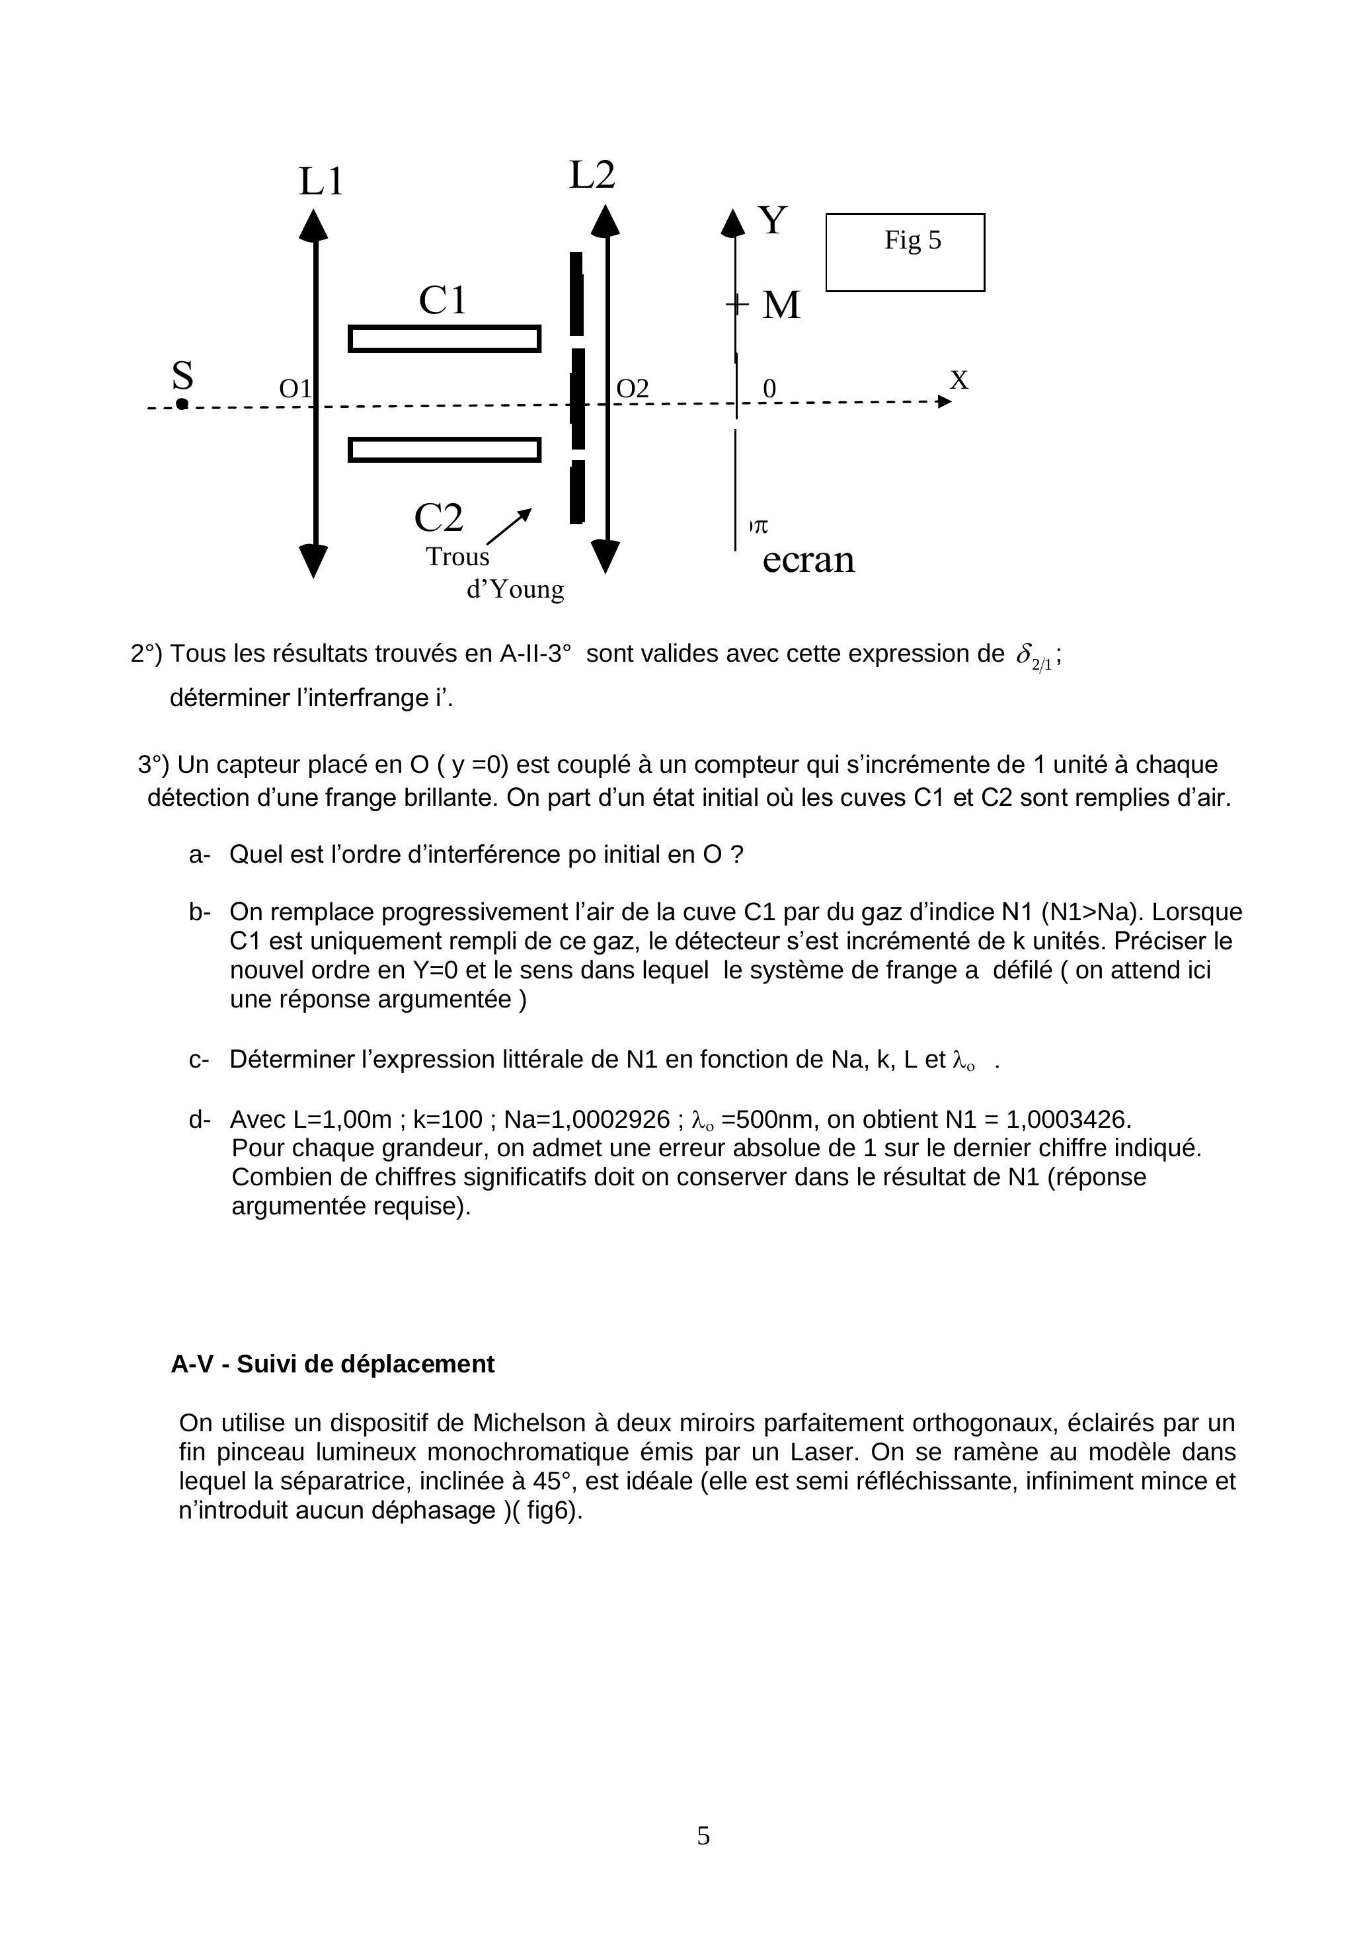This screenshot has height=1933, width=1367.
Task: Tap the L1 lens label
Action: coord(321,182)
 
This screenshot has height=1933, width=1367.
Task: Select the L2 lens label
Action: coord(592,175)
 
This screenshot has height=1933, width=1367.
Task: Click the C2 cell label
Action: coord(438,517)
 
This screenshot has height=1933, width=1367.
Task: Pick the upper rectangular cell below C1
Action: coord(444,338)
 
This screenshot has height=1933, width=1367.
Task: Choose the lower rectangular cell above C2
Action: coord(444,450)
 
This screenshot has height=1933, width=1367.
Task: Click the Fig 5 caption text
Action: coord(912,241)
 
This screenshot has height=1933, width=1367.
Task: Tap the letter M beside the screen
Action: coord(781,305)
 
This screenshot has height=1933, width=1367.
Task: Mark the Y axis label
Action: coord(773,221)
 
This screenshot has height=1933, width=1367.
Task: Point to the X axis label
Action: coord(958,381)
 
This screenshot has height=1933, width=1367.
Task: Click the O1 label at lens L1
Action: coord(295,389)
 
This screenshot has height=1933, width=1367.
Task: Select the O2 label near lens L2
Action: coord(633,389)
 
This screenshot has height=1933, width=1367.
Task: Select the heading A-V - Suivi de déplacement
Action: coord(332,1364)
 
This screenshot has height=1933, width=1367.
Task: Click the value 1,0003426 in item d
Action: coord(1069,1120)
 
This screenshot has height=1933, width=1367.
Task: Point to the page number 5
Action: coord(704,1835)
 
